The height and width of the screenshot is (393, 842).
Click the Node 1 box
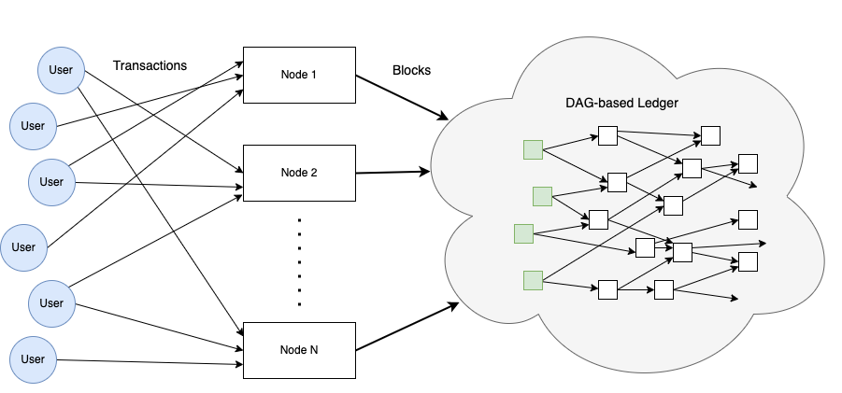point(299,75)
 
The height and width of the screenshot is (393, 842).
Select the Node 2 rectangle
point(299,173)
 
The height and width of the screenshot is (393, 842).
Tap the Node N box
point(299,350)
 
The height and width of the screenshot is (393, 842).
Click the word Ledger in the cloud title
point(657,102)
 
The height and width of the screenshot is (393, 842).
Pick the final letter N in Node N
point(313,350)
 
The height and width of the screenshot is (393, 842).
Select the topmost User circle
point(61,70)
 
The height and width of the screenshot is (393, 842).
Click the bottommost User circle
point(33,359)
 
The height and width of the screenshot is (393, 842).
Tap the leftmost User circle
point(23,247)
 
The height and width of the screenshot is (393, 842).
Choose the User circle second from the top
point(33,126)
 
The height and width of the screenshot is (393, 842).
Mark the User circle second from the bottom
point(51,303)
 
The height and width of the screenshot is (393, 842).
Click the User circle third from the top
point(51,182)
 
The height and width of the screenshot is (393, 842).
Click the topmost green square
point(533,149)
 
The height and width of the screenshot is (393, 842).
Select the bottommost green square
point(533,279)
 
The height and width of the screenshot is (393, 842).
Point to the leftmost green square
point(523,233)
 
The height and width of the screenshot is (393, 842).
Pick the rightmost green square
point(542,196)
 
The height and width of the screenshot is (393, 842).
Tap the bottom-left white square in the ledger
point(607,289)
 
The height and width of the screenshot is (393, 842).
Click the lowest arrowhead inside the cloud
point(737,299)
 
